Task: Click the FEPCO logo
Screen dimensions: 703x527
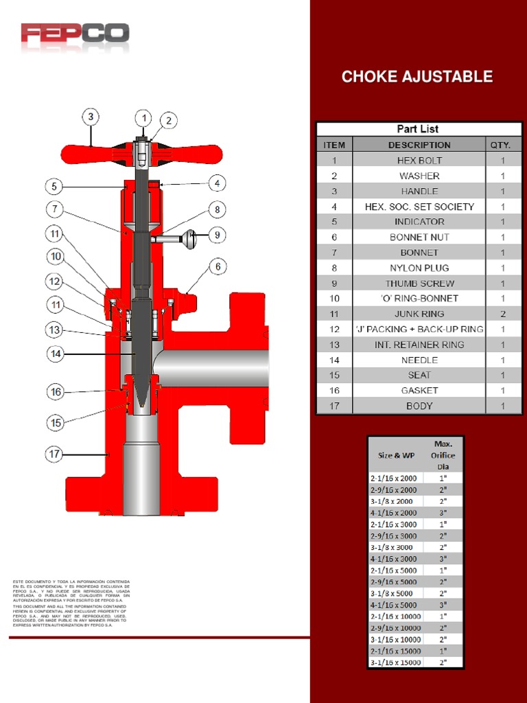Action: (x=75, y=34)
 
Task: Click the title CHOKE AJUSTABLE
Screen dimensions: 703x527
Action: (x=417, y=77)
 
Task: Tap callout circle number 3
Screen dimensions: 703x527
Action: (x=91, y=117)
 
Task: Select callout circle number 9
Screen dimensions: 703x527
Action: (x=216, y=235)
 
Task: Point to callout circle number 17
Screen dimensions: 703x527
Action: (x=55, y=454)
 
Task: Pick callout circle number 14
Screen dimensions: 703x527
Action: (x=55, y=354)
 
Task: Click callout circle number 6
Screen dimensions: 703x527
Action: (x=217, y=266)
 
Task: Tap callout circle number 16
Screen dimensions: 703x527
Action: (x=55, y=392)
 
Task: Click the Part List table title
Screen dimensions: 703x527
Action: (x=418, y=129)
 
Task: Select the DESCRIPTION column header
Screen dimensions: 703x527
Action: (x=419, y=145)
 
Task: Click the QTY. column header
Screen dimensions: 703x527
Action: (x=503, y=145)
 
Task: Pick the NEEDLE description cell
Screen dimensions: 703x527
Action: (x=419, y=360)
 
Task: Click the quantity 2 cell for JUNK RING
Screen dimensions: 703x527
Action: (x=503, y=314)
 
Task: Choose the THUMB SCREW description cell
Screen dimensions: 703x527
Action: (x=419, y=283)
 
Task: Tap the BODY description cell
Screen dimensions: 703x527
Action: (x=419, y=406)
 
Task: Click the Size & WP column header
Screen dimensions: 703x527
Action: (x=396, y=455)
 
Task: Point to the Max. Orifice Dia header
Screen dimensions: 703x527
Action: (x=443, y=454)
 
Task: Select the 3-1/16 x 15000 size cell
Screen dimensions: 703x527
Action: (x=396, y=662)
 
